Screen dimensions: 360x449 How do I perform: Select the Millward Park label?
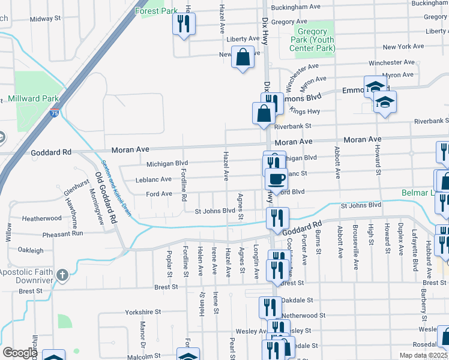[33, 98]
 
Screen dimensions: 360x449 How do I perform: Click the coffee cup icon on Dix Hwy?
[276, 178]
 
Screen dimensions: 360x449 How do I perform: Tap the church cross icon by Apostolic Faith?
[61, 275]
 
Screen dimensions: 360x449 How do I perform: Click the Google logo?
[20, 352]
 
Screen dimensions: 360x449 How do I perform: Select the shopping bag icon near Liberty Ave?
[243, 58]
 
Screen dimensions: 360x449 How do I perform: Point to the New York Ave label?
[403, 47]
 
